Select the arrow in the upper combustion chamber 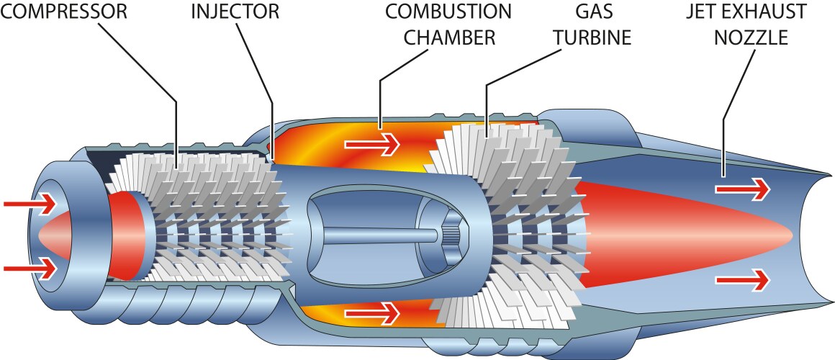371,144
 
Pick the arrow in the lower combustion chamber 371,313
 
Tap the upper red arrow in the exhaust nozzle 742,189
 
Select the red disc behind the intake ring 126,235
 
